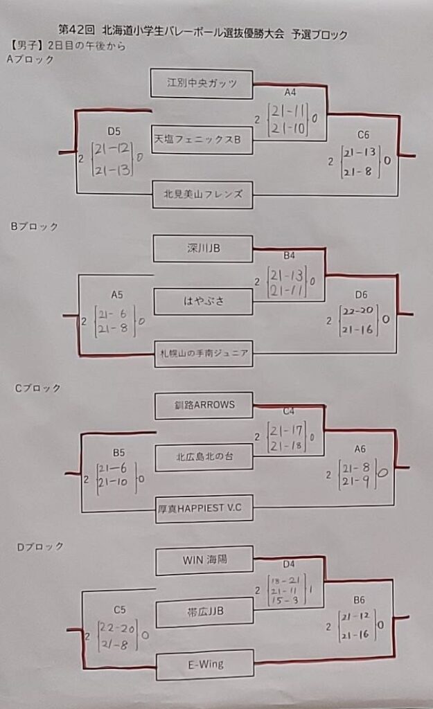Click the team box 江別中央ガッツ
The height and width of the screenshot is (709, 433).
pos(202,83)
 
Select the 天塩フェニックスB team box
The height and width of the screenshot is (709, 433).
pos(202,139)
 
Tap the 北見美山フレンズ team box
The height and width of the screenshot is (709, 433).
pos(203,195)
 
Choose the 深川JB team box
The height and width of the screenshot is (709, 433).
pos(203,248)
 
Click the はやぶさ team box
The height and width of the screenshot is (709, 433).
pos(203,301)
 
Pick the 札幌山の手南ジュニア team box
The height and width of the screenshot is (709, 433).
pos(203,354)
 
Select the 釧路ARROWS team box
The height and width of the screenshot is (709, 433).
pos(204,405)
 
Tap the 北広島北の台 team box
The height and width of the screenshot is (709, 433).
pos(204,456)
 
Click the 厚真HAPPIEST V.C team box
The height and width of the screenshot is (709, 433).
pos(204,508)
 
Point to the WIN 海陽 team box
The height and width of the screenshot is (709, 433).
pos(204,560)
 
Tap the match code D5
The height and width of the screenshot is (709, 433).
pos(114,130)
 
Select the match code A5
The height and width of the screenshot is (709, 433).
pos(116,294)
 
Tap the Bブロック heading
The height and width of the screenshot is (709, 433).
pos(34,226)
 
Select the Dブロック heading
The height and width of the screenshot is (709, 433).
pos(40,546)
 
